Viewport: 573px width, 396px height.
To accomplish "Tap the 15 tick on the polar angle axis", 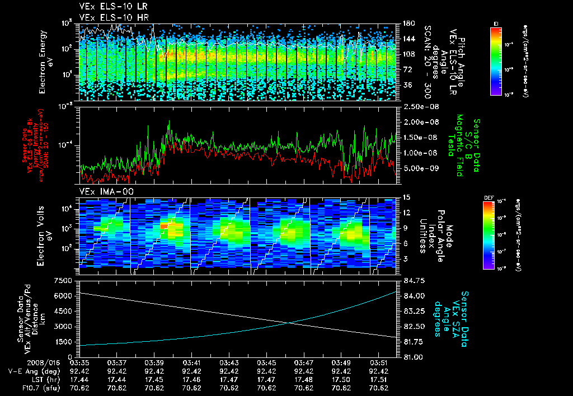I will pos(405,197).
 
